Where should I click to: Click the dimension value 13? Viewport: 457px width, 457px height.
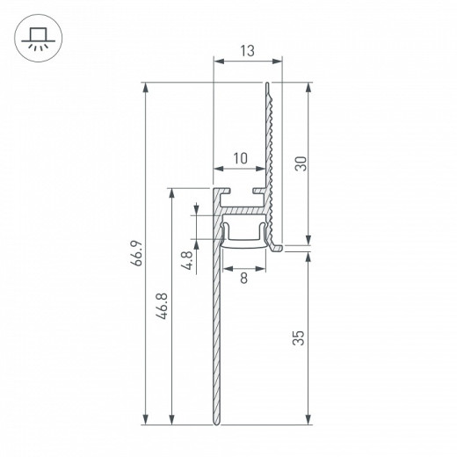pos(249,51)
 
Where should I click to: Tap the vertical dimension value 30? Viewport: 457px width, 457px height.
pos(299,164)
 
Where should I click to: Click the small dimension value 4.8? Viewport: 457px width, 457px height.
pos(185,261)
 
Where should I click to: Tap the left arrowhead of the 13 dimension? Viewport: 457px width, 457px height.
pos(217,61)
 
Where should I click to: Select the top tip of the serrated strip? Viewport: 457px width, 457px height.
pos(267,84)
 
